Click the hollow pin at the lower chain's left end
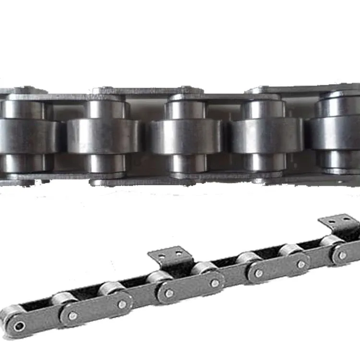19,326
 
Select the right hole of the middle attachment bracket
179,253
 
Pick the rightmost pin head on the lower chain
342,255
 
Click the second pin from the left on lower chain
72,315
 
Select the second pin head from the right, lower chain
301,264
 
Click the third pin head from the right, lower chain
259,274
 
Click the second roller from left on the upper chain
103,136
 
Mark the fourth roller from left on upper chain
266,136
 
